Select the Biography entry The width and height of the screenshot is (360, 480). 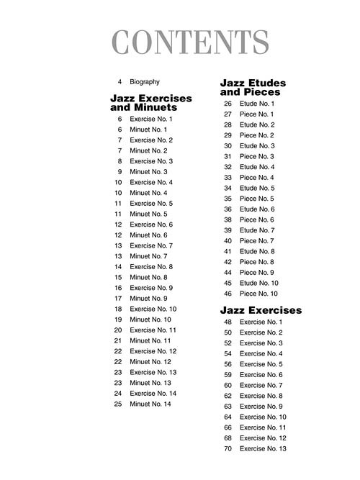[145, 82]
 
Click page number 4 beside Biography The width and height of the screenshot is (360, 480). [120, 82]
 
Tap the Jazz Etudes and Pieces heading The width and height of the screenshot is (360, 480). [253, 88]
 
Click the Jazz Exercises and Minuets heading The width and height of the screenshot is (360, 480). [150, 102]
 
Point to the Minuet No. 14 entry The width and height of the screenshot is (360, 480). [150, 404]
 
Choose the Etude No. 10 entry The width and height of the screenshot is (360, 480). [258, 283]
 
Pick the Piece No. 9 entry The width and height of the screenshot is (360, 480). [256, 273]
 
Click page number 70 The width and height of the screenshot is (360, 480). [228, 448]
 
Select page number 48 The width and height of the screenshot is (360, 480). [228, 322]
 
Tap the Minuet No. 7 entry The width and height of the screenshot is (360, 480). [148, 256]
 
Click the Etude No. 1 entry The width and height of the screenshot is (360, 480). [257, 104]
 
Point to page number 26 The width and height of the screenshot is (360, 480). [228, 104]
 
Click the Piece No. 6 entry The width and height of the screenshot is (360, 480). [256, 219]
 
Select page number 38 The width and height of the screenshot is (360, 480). [228, 219]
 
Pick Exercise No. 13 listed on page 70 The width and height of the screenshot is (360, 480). [263, 448]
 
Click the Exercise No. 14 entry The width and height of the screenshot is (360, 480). [153, 394]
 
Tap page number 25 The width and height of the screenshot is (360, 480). [118, 404]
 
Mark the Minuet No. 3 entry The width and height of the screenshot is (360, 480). [148, 172]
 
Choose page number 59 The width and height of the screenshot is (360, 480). [228, 374]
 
